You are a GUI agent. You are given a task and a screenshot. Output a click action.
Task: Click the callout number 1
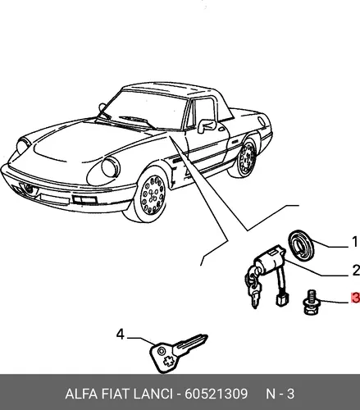point(354,242)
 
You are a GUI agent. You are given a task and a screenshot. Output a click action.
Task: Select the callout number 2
point(356,270)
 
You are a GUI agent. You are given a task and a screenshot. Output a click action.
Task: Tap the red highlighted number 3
point(356,298)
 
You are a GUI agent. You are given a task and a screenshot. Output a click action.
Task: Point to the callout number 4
point(121,334)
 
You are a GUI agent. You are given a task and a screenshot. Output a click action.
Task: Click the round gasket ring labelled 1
point(301,245)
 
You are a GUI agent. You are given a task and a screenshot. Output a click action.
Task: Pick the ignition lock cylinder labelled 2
point(270,260)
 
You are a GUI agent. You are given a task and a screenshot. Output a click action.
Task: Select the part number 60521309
point(216,394)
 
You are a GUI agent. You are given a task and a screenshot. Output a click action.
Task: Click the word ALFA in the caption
point(81,394)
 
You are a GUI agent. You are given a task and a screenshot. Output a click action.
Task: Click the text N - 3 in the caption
point(280,394)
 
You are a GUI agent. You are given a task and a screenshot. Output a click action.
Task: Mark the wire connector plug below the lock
point(280,300)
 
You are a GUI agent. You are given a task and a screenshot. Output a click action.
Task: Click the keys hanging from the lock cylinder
point(253,289)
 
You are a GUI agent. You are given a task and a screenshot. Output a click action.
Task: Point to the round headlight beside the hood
point(111,166)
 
